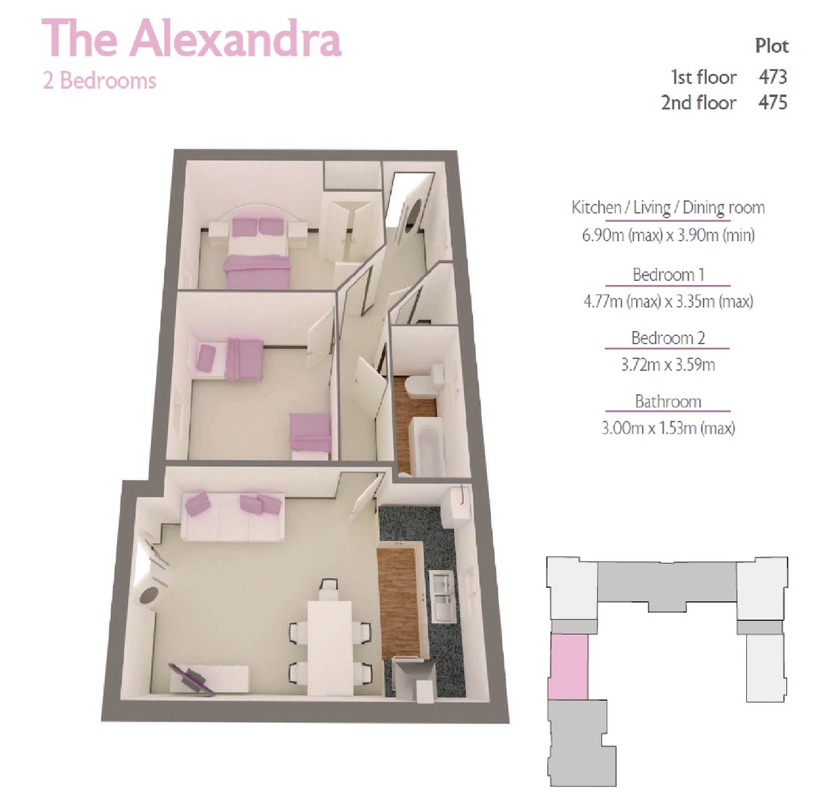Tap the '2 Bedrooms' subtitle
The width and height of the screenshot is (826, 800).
[99, 81]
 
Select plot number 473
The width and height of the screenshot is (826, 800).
[772, 77]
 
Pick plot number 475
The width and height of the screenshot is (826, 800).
[772, 103]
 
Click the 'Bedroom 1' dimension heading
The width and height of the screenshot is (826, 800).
[668, 275]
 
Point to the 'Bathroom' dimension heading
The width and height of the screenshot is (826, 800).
[668, 401]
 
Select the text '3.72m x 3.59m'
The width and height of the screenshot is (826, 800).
[668, 364]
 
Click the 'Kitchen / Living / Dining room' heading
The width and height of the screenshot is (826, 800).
[668, 208]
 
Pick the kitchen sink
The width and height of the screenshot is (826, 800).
[443, 596]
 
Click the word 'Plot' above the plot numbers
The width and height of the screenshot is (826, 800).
[772, 46]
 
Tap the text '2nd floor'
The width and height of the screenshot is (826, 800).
[698, 103]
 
